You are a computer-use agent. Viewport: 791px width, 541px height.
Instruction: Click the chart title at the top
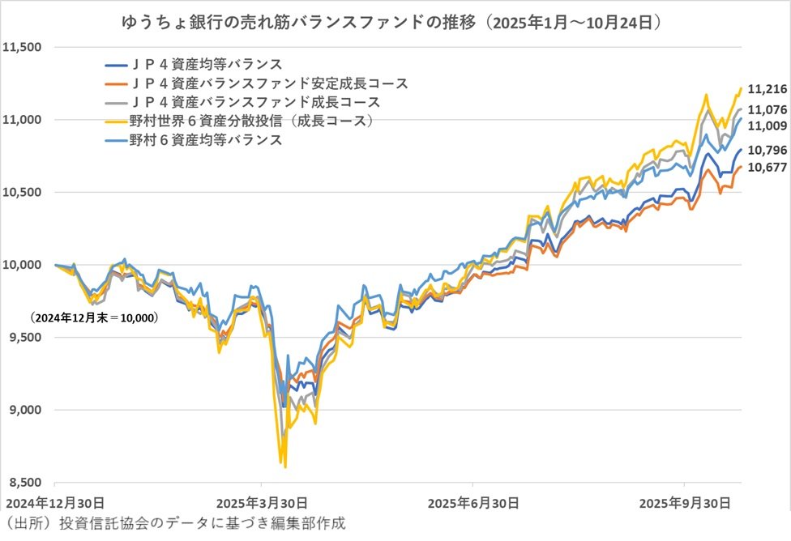[395, 21]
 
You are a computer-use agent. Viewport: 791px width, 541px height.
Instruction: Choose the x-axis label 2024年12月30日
[52, 503]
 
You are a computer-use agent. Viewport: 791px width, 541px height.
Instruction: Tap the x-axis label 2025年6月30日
[473, 503]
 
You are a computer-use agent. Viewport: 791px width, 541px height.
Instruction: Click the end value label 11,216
[766, 89]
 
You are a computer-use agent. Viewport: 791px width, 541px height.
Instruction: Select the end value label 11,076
[766, 110]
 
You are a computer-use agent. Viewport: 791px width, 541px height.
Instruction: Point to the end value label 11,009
[766, 126]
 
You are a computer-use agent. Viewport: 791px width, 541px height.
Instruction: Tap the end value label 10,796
[766, 151]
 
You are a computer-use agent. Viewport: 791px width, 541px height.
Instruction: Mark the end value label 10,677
[766, 168]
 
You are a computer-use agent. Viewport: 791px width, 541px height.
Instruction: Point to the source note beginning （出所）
[175, 523]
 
